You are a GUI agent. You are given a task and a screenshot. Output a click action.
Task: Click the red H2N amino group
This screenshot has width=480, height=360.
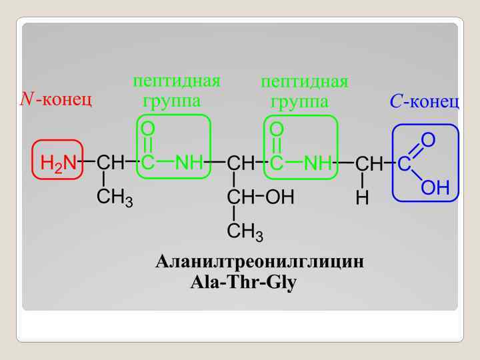point(58,162)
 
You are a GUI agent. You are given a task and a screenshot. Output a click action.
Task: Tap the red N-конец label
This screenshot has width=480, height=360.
point(56,99)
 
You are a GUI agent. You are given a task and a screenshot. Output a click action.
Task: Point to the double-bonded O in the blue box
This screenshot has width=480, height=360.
point(428,139)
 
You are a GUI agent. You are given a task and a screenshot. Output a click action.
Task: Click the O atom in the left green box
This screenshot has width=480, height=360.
point(148,127)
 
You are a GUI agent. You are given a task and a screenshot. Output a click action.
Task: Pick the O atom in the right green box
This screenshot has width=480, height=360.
point(277,127)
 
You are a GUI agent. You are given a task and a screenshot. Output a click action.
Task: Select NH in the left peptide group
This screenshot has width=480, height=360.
point(189,163)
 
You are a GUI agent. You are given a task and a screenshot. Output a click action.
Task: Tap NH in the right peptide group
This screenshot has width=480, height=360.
point(318,163)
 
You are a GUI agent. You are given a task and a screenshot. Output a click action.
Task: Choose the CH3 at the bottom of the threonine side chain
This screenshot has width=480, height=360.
point(245,232)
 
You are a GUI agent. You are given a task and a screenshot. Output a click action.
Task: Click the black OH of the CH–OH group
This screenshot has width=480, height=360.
point(280,197)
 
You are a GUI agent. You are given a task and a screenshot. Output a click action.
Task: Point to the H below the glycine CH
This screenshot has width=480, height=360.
point(362,198)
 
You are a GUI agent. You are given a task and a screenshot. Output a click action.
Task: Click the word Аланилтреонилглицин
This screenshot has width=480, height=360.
point(259,261)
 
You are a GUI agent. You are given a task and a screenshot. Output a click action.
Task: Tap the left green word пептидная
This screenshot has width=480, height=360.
point(176,81)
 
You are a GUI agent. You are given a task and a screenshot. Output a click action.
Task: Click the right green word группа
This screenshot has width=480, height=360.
point(299,101)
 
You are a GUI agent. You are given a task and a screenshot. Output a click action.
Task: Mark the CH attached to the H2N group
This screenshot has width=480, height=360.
point(110,163)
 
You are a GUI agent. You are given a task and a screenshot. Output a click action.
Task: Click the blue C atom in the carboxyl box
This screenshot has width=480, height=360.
point(404,164)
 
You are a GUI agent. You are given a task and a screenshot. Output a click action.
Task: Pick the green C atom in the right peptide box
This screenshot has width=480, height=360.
point(277,163)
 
